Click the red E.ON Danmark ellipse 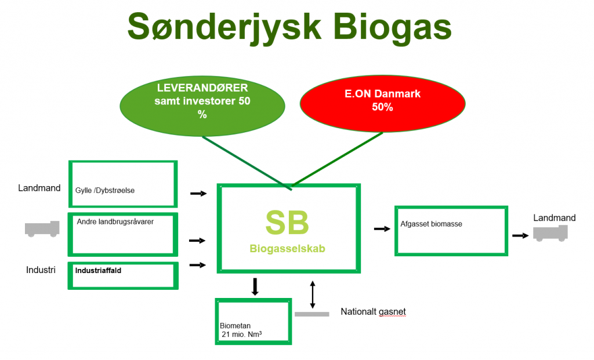(382, 103)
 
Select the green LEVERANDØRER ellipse (202, 106)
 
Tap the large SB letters (287, 223)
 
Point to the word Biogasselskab (287, 249)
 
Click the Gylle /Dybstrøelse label (105, 190)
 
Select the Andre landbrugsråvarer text (115, 222)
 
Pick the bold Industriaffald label (98, 271)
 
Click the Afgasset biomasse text (431, 224)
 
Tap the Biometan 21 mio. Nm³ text (241, 330)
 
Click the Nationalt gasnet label (373, 311)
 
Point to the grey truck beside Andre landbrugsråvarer (42, 229)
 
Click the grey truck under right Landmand (550, 233)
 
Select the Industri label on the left (41, 270)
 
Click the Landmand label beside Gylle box (39, 188)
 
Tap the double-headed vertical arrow (313, 294)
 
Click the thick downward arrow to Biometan (255, 286)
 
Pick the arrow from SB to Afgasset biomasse (382, 228)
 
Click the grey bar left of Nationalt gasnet (312, 314)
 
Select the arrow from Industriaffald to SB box (198, 265)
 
